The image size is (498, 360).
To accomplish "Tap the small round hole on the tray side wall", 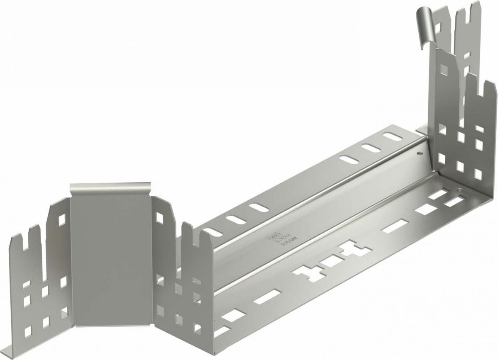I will pos(418,154).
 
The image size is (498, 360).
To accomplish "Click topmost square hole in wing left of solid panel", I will pos(62,218).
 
